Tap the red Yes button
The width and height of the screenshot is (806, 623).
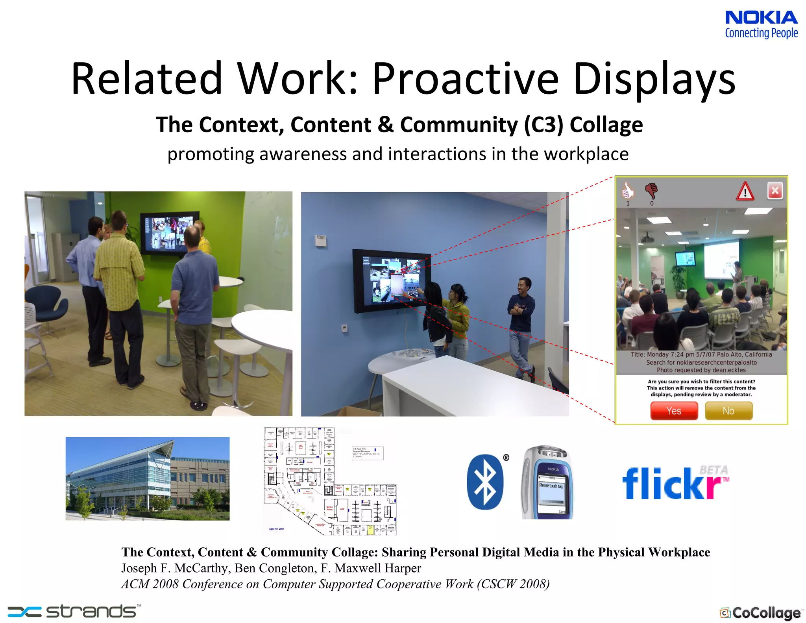click(x=674, y=411)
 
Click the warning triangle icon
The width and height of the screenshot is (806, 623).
click(x=745, y=192)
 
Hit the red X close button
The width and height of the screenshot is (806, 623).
click(x=775, y=191)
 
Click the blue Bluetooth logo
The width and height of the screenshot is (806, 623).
click(x=485, y=482)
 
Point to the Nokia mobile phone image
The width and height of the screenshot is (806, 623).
click(x=547, y=482)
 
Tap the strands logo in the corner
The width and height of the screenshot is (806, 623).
click(x=74, y=612)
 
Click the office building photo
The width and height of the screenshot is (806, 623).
click(x=147, y=478)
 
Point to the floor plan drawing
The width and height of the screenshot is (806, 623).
click(x=330, y=481)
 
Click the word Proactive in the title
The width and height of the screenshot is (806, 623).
click(x=465, y=79)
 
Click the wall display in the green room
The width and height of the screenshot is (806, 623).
click(x=169, y=233)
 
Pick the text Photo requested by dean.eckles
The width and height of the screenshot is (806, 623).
click(x=701, y=370)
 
